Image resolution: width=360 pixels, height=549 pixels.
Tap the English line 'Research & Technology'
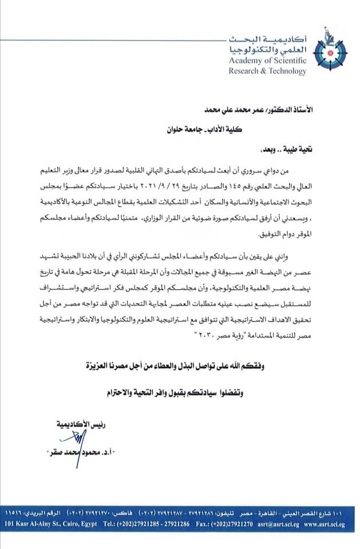[267, 71]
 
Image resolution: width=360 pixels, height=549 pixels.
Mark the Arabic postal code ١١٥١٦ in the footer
[16, 508]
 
